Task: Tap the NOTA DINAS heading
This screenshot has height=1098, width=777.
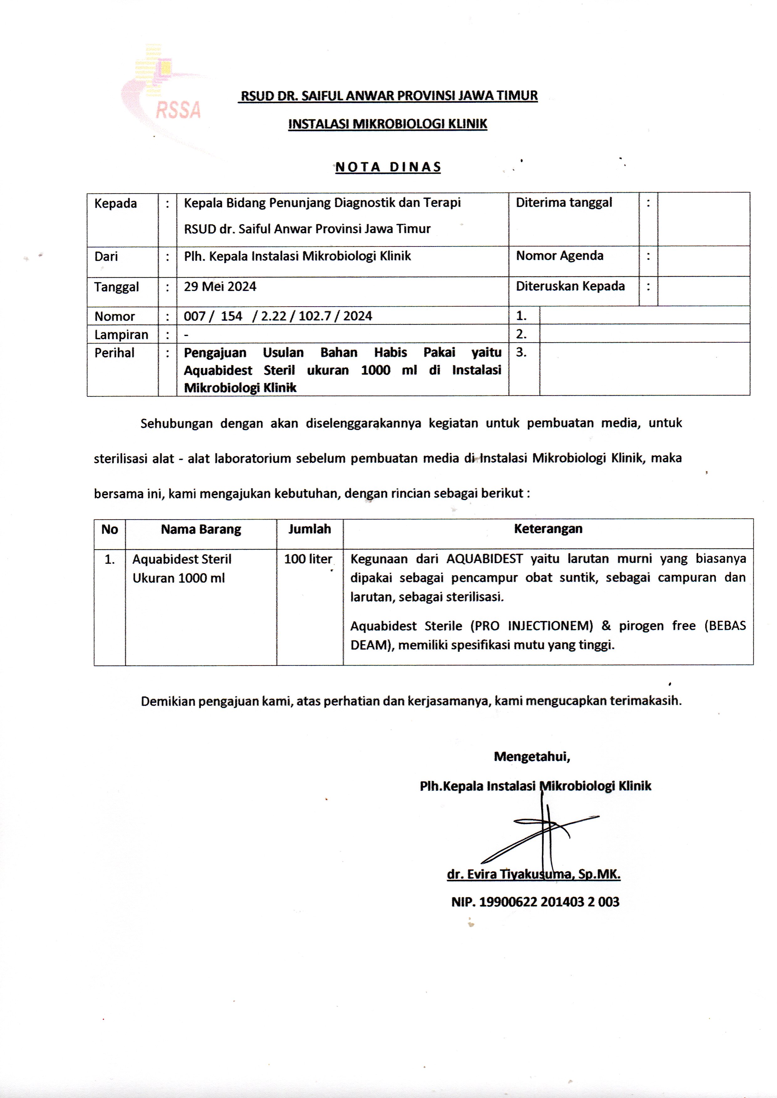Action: (x=388, y=167)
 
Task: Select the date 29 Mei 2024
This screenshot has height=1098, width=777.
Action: (x=220, y=287)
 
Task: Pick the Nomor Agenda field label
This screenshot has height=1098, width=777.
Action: (x=559, y=256)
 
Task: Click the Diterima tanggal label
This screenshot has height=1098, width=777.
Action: (x=564, y=202)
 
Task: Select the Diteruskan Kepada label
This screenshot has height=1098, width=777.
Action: (x=570, y=286)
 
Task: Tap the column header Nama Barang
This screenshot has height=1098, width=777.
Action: (x=201, y=529)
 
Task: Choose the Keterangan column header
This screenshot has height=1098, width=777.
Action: (x=548, y=529)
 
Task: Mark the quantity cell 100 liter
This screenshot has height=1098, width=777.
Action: (x=308, y=559)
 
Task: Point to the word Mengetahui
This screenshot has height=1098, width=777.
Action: (x=531, y=756)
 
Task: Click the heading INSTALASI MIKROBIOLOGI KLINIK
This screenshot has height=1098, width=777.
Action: (x=387, y=124)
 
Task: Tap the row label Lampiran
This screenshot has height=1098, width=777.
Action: (x=121, y=334)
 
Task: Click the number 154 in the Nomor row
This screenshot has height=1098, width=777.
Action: (x=231, y=316)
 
